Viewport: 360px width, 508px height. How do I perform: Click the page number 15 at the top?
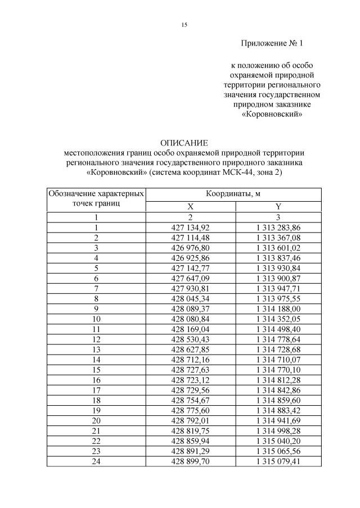coord(184,25)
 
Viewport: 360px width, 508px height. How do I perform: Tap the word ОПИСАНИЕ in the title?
coord(184,143)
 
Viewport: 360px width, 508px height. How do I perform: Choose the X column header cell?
coord(190,206)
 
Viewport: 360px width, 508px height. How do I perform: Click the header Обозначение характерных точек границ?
coord(96,199)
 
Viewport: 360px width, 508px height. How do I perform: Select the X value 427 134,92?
coord(190,227)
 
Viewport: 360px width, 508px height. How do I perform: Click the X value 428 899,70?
coord(190,462)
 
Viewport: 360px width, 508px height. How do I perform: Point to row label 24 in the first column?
coord(96,462)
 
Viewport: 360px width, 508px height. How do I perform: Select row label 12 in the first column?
coord(96,339)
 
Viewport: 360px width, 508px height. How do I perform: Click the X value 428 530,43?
coord(190,339)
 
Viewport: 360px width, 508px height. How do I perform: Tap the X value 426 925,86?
coord(190,257)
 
